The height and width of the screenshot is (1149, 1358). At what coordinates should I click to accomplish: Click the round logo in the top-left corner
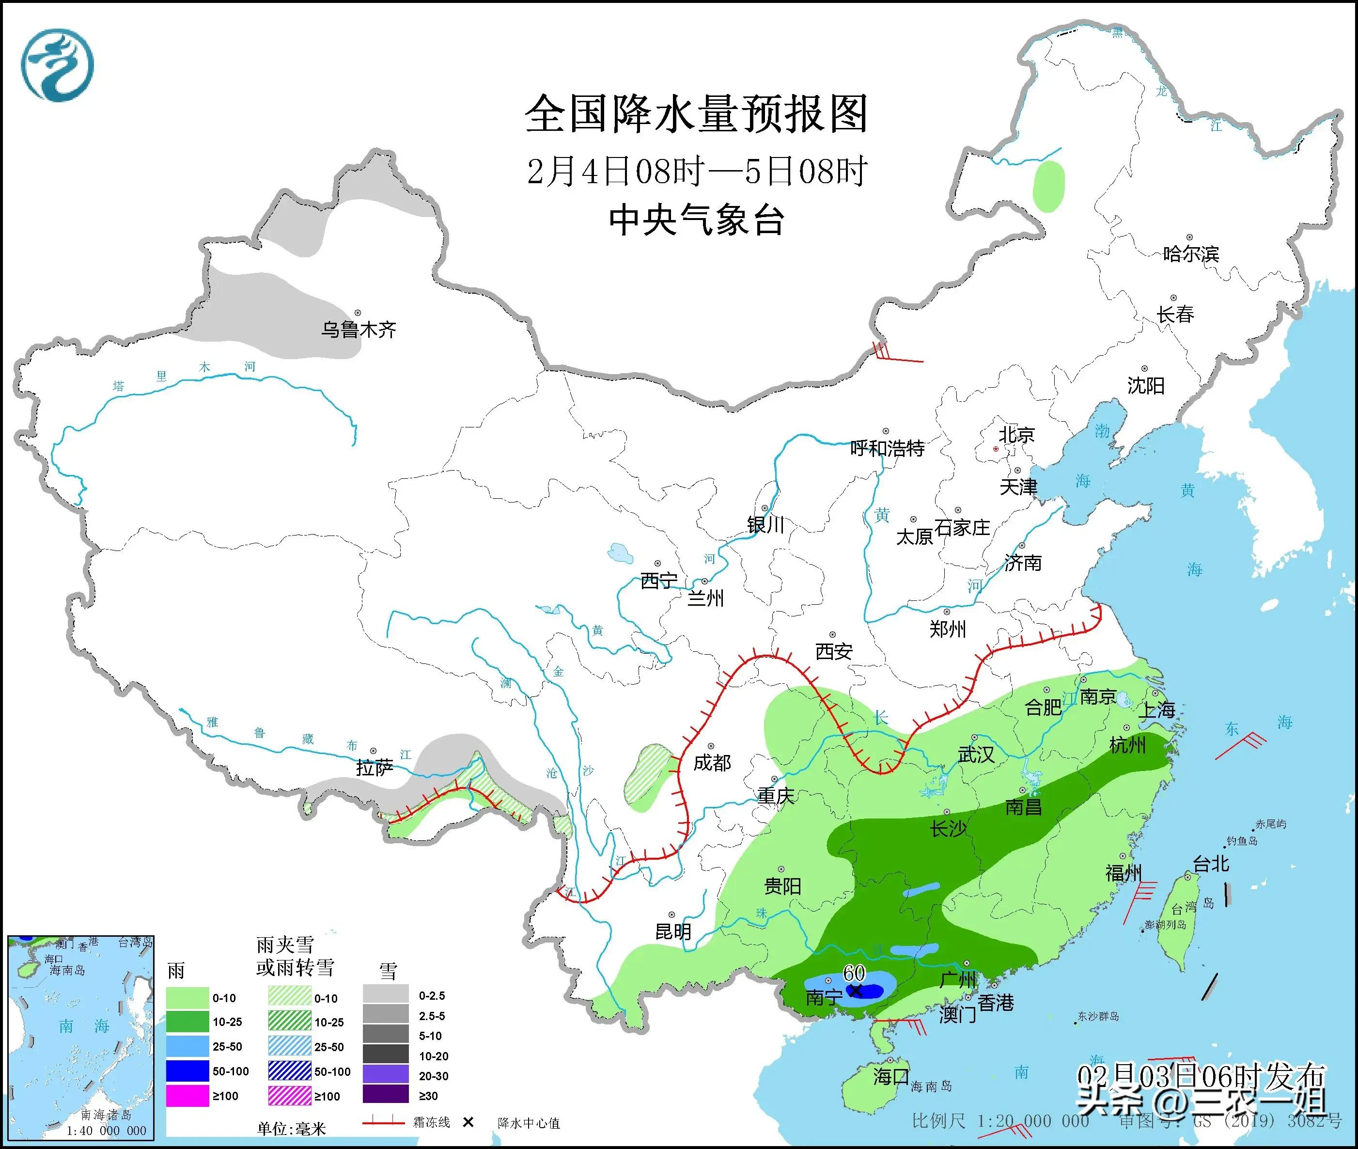point(57,65)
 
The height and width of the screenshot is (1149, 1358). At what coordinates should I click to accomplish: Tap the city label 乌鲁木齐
point(358,330)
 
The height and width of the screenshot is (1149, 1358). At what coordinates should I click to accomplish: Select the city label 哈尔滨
point(1190,253)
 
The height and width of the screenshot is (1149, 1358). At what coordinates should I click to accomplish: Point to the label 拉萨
point(375,768)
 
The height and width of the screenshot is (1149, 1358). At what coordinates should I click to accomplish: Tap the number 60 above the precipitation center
point(854,973)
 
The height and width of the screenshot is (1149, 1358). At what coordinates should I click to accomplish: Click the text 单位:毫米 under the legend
point(291,1129)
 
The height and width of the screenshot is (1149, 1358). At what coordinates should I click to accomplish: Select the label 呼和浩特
point(887,448)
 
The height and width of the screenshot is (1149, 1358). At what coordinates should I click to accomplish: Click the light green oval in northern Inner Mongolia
point(1048,186)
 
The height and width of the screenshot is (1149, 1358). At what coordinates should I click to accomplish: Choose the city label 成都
point(712,763)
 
